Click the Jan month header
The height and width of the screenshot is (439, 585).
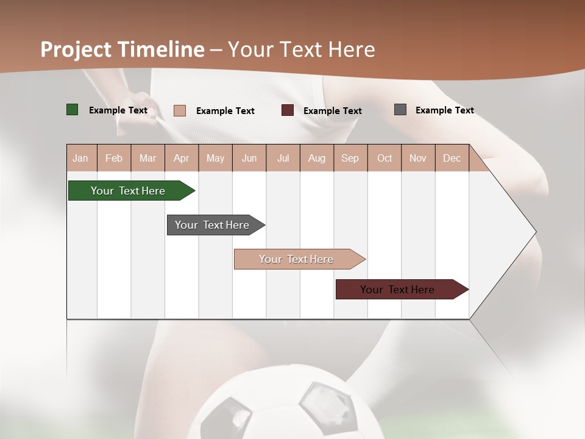click(x=80, y=159)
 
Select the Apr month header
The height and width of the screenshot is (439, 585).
click(x=181, y=159)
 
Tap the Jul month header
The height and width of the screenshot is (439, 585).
click(x=283, y=159)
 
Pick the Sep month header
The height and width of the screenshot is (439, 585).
click(x=350, y=159)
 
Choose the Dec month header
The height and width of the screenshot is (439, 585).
click(x=452, y=159)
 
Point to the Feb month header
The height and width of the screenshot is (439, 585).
click(x=114, y=159)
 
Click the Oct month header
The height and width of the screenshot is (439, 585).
click(x=385, y=159)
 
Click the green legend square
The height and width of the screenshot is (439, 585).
click(x=73, y=110)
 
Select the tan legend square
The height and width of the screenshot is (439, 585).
click(x=180, y=110)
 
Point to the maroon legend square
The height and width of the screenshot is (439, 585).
click(x=288, y=110)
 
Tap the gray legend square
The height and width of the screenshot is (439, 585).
click(x=400, y=110)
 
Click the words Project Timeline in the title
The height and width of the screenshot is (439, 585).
click(x=122, y=49)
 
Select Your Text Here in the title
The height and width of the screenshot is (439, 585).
click(x=301, y=49)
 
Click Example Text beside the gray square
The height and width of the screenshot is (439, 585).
click(x=444, y=110)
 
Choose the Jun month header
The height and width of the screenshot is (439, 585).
click(x=249, y=159)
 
